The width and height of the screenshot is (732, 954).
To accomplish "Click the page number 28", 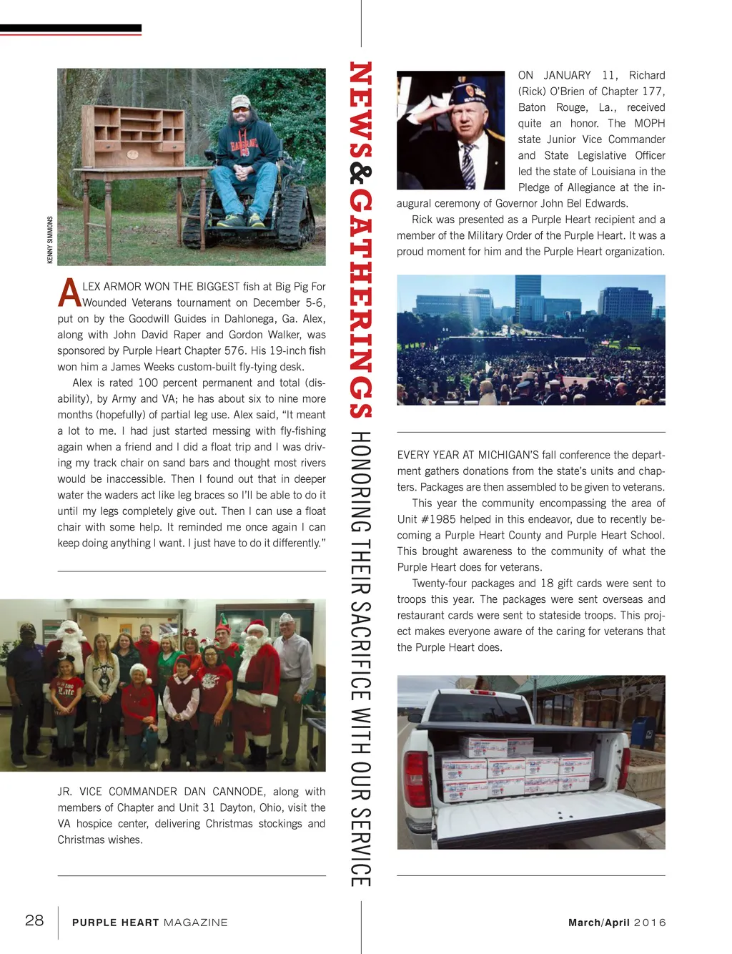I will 34,920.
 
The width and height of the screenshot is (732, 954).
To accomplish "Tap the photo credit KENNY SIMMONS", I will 50,240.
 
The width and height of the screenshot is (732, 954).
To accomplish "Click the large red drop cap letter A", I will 69,292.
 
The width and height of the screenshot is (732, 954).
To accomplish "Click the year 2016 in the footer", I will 650,923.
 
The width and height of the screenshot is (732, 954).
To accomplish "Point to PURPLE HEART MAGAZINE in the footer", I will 150,923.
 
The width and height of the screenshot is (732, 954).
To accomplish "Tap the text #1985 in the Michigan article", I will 436,519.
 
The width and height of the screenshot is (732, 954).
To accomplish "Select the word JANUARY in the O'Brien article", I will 567,75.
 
